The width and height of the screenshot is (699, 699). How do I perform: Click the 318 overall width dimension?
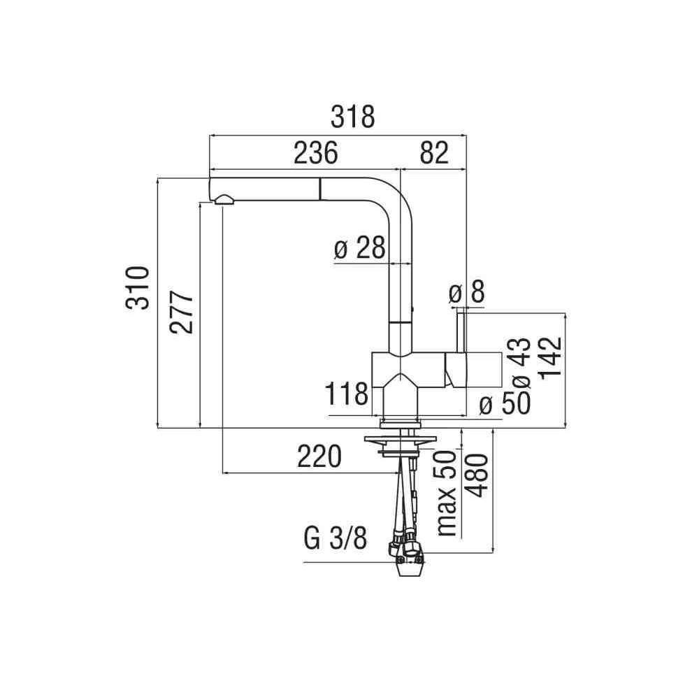click(x=353, y=117)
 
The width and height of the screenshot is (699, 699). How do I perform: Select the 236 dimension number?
click(x=315, y=152)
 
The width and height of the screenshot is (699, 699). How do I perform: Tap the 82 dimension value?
click(x=433, y=152)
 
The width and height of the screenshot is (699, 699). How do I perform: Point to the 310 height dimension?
click(x=138, y=287)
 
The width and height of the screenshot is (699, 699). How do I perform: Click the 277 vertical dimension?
click(x=181, y=312)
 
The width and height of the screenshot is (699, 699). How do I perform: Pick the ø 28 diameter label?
click(x=359, y=248)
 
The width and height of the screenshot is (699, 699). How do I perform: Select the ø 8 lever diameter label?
click(x=466, y=293)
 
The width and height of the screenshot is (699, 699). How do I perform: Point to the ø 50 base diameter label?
click(x=505, y=403)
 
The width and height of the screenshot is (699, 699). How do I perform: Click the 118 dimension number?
click(x=347, y=394)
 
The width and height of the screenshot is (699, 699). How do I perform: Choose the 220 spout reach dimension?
click(x=319, y=456)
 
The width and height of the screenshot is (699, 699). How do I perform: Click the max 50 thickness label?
click(x=447, y=493)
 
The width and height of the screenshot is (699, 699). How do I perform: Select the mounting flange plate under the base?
click(x=399, y=438)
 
